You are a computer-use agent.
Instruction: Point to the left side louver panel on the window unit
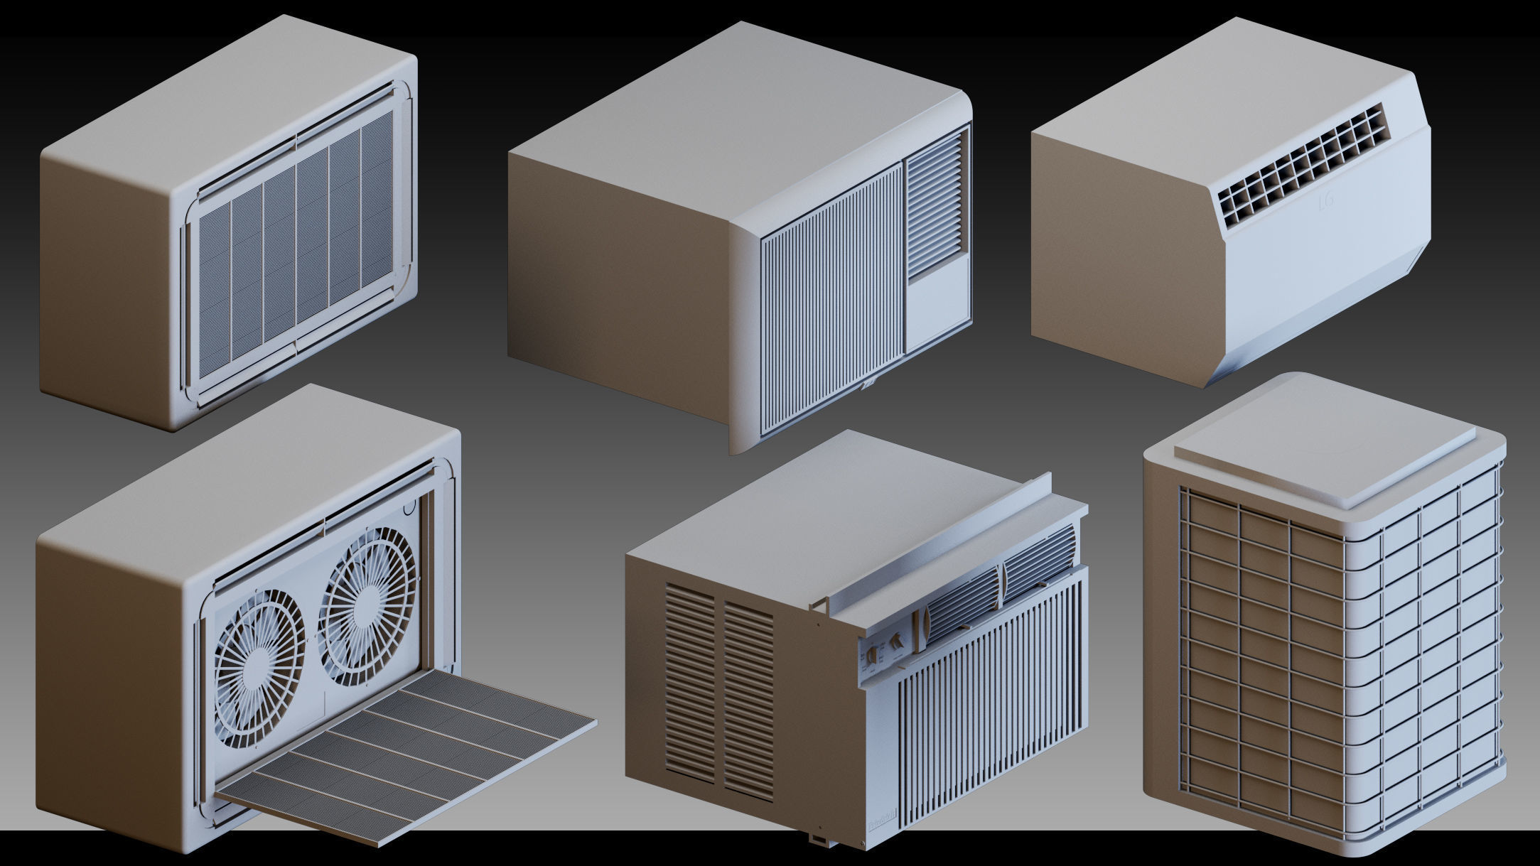coord(690,682)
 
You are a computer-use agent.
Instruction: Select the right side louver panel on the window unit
coord(748,700)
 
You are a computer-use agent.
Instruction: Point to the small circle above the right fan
coord(409,509)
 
